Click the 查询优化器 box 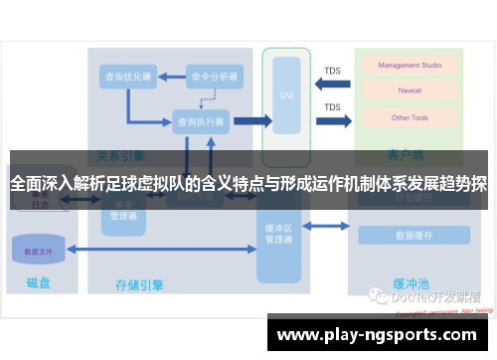point(128,76)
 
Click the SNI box point(286,95)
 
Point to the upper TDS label point(332,72)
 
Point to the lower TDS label point(332,107)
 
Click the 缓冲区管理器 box point(278,235)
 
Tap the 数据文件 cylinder point(39,251)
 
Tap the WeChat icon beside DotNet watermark point(380,296)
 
